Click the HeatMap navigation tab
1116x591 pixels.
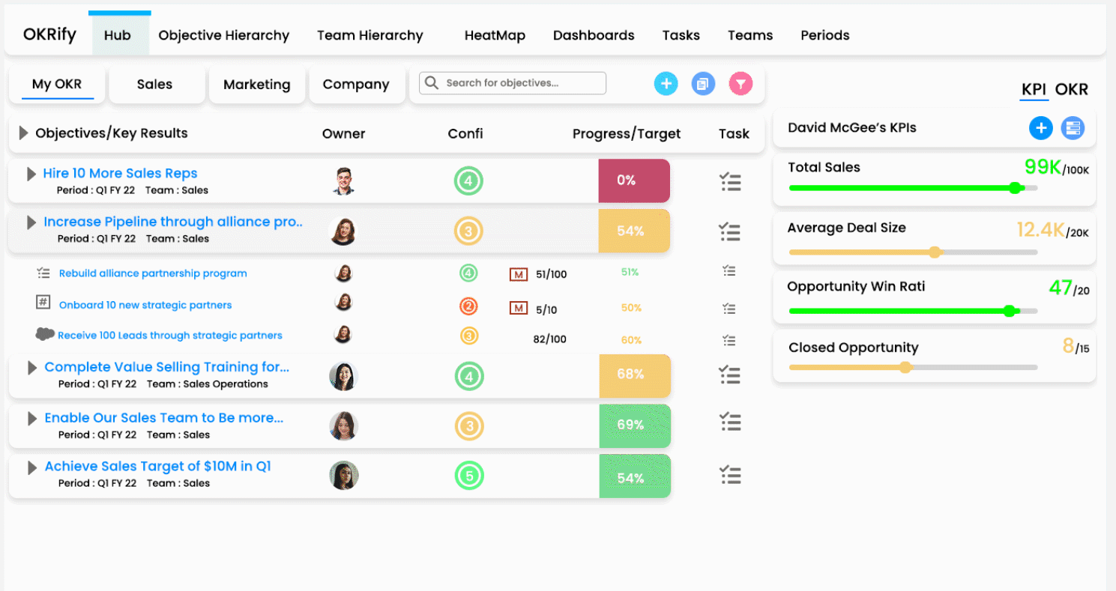tap(494, 35)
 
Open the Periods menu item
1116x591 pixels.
tap(824, 35)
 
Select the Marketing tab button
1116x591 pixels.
tap(256, 85)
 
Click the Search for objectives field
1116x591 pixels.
tap(513, 83)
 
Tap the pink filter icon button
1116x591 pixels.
tap(741, 84)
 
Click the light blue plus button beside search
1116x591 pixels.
tap(666, 84)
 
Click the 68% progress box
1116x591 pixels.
tap(634, 375)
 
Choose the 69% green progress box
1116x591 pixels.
tap(634, 425)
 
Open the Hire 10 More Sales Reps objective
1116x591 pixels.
tap(120, 174)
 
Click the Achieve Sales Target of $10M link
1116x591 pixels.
tap(157, 467)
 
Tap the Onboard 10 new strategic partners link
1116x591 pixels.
tap(145, 306)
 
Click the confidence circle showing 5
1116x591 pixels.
tap(468, 476)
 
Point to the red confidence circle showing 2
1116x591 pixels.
tap(468, 306)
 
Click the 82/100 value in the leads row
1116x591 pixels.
tap(549, 339)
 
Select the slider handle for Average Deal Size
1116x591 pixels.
tap(935, 252)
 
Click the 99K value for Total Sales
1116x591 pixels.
tap(1043, 167)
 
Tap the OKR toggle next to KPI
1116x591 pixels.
tap(1071, 90)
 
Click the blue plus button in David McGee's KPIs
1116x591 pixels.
tap(1040, 128)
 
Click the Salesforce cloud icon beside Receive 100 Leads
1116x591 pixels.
tap(45, 334)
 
